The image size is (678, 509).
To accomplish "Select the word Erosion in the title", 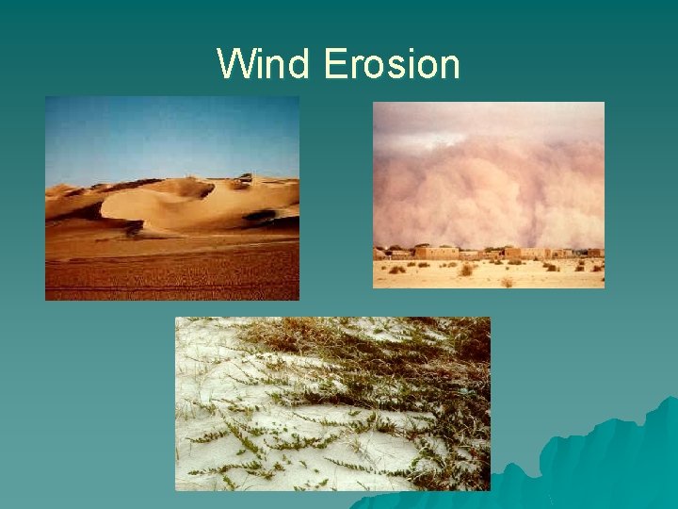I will [392, 65].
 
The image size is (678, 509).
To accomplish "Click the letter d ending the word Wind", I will [300, 65].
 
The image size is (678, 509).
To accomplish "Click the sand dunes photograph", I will [172, 198].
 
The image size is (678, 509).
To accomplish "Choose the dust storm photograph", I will [489, 194].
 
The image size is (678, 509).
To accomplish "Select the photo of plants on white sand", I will [332, 403].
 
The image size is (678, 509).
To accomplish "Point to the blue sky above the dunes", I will [169, 132].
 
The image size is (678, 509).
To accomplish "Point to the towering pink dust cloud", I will [490, 189].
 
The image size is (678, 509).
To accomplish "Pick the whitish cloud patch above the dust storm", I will [471, 118].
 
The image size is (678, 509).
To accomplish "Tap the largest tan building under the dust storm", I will [435, 253].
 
